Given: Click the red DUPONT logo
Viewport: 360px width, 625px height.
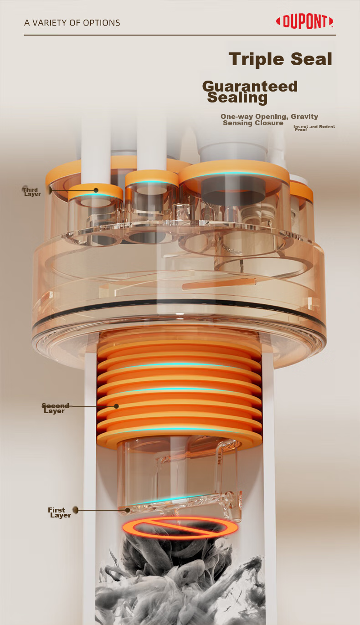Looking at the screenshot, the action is pos(304,21).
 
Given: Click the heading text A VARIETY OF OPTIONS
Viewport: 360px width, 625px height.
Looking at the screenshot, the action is pos(72,23).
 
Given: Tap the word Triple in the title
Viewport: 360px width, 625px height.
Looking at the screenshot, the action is pos(256,59).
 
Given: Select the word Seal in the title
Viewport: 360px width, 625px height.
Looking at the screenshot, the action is pos(311,59).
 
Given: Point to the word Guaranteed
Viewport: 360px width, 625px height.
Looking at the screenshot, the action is pos(250,87).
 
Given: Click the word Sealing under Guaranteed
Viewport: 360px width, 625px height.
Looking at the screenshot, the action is pos(237,98).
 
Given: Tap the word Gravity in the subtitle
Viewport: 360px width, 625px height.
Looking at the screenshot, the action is pos(304,117).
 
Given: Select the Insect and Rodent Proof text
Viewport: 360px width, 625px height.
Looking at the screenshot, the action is pos(314,128).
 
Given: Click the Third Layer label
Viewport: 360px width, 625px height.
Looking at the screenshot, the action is pos(31,192).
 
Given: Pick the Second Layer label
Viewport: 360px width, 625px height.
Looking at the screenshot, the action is pos(55,408).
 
